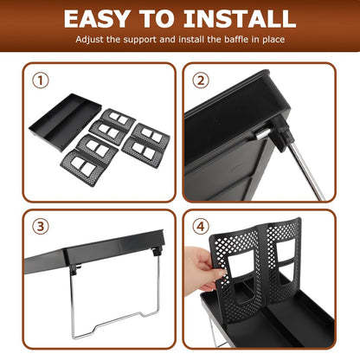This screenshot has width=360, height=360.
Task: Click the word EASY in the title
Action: point(96,19)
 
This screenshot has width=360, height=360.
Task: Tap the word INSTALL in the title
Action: point(240,19)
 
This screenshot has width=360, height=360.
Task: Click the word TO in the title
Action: point(157,19)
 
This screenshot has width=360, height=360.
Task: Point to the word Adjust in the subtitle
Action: point(89,40)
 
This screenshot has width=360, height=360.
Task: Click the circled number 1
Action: point(41,80)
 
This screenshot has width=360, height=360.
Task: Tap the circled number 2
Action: point(201,80)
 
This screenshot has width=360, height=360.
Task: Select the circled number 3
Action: point(41,227)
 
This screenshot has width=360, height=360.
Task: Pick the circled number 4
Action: point(201,227)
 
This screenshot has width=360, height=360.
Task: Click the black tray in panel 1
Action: point(65,122)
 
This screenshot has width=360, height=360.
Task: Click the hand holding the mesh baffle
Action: point(201,268)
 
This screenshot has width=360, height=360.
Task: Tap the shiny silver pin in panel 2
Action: point(262,134)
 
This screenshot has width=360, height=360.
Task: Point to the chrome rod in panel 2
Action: point(306,170)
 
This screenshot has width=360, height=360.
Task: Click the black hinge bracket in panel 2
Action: point(280,132)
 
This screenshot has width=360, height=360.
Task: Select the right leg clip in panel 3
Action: point(157,251)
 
